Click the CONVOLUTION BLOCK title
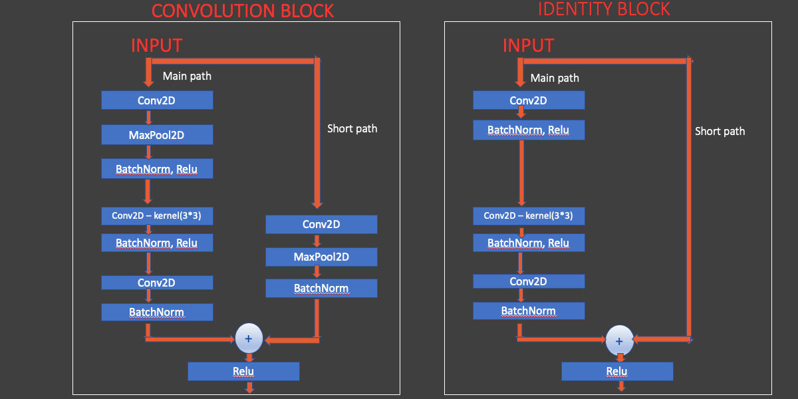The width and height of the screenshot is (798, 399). [x=243, y=11]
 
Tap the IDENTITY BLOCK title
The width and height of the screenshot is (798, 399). [x=604, y=9]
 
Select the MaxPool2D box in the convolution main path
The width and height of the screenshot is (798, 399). [x=157, y=135]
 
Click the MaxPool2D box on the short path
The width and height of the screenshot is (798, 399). [x=321, y=257]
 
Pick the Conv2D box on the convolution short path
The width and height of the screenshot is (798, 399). [x=321, y=224]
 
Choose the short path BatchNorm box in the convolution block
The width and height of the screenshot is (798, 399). [x=321, y=288]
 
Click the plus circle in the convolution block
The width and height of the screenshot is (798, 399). [x=249, y=338]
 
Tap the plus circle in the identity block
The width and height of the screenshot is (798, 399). [x=619, y=340]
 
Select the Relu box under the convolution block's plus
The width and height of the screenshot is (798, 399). [x=243, y=371]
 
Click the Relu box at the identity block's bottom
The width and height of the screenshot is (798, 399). [x=617, y=371]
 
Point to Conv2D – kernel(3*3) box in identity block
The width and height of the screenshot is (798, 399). [x=529, y=215]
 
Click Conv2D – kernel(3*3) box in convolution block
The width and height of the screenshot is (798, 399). [x=157, y=215]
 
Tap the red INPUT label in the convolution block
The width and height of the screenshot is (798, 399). [x=156, y=45]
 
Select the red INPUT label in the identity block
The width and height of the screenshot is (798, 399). [x=528, y=45]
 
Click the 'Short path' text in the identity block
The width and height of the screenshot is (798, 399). [x=720, y=131]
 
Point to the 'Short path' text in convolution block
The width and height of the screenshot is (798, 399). [x=352, y=128]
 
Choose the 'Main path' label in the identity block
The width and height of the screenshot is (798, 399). [x=555, y=78]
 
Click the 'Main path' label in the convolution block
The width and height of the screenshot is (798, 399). [x=187, y=76]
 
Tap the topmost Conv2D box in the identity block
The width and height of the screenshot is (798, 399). [x=529, y=100]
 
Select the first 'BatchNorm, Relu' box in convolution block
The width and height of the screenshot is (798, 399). [x=157, y=169]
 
